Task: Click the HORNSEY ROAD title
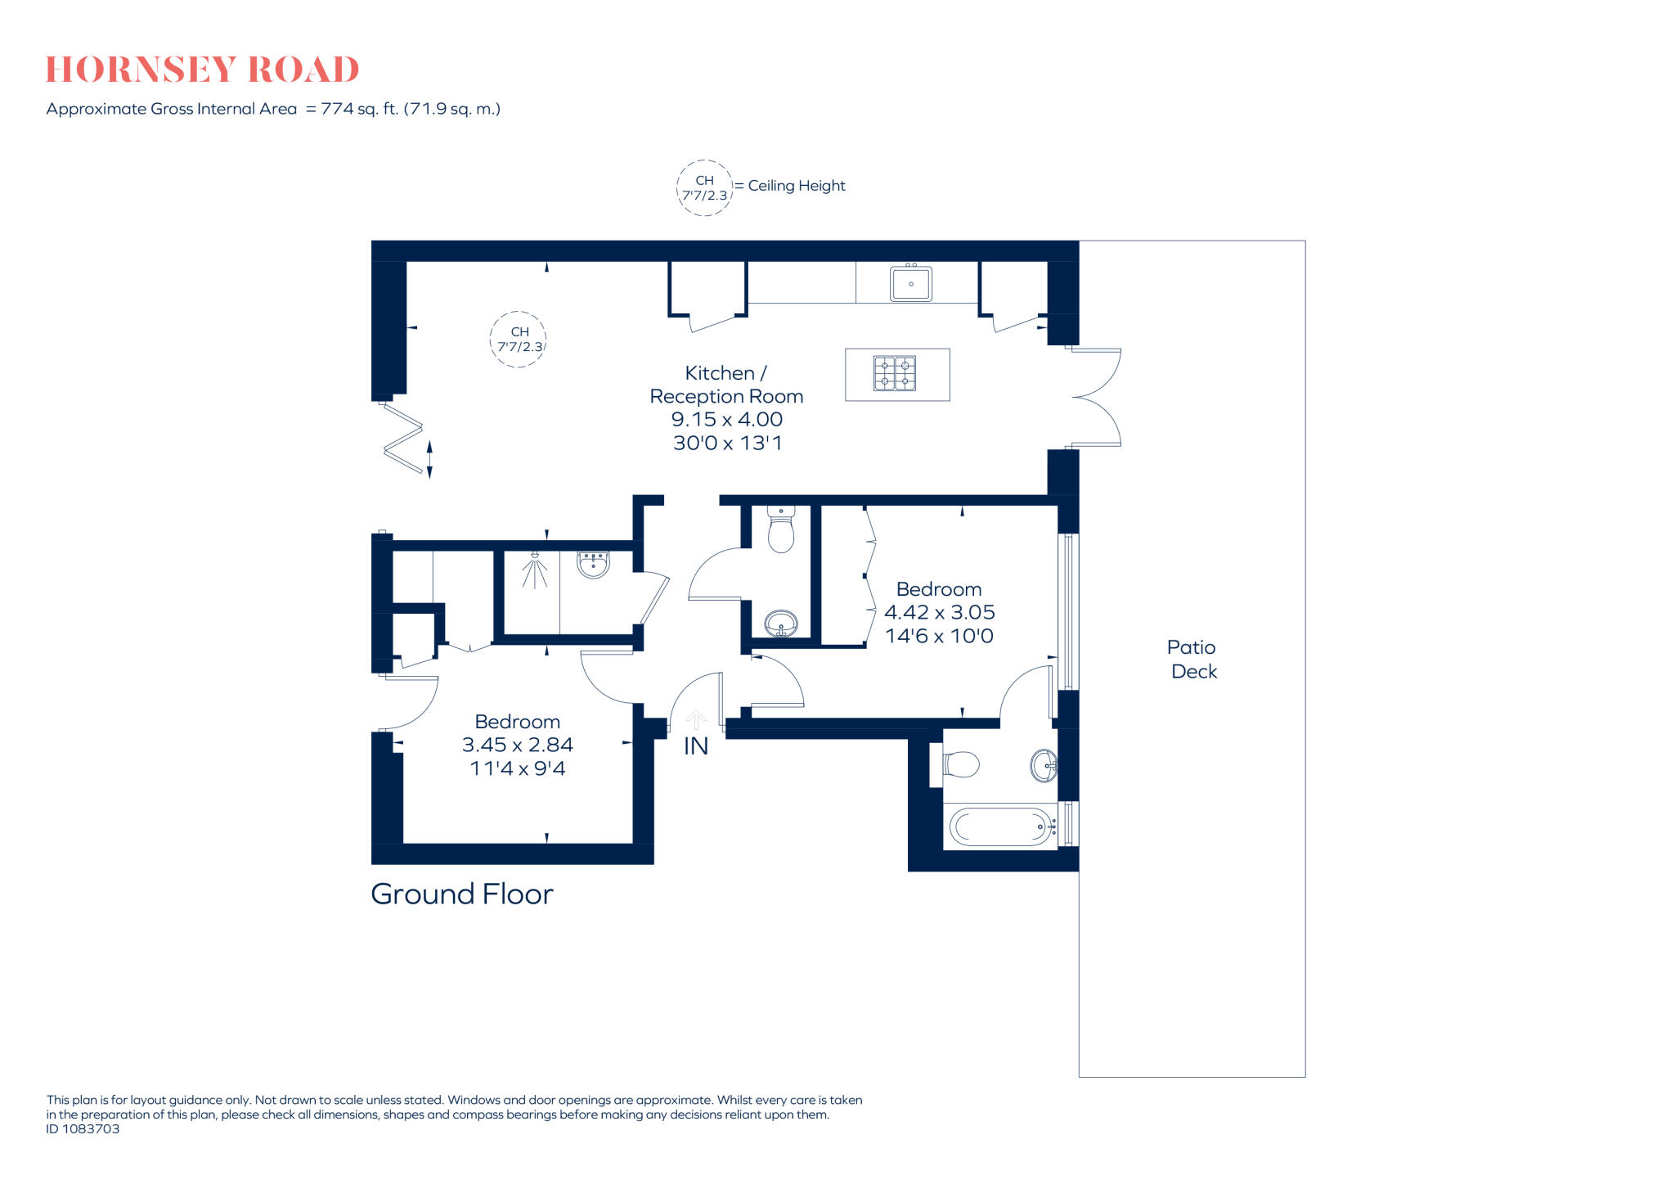click(202, 70)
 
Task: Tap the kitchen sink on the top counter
click(910, 283)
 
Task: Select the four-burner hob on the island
click(894, 373)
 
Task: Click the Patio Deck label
click(1192, 659)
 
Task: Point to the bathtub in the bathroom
click(1000, 826)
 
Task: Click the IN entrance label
click(695, 746)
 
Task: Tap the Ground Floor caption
click(461, 894)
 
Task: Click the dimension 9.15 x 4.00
click(726, 419)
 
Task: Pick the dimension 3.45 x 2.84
click(517, 745)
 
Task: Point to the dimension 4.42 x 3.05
click(939, 612)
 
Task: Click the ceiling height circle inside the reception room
click(519, 339)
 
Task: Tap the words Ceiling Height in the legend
click(796, 186)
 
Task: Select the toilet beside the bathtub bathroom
click(961, 765)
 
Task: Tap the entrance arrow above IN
click(696, 719)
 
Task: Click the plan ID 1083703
click(83, 1128)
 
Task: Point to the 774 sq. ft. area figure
click(359, 109)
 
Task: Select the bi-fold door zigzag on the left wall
click(403, 440)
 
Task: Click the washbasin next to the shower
click(593, 564)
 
